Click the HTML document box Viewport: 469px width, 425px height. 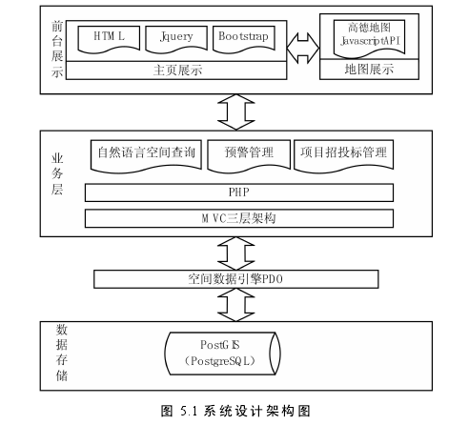click(109, 39)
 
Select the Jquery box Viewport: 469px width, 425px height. click(176, 39)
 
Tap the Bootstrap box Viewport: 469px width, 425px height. click(244, 39)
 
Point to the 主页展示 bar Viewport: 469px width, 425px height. click(176, 71)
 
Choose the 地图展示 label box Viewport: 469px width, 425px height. click(369, 70)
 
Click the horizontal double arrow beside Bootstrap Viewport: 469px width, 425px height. click(303, 48)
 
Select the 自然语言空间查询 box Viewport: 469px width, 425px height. click(146, 155)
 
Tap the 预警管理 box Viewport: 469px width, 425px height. click(249, 155)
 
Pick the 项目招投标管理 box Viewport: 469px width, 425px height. click(344, 155)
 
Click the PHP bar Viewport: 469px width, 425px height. click(239, 192)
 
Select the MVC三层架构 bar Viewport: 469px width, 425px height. click(239, 218)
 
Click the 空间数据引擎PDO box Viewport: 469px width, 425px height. click(236, 279)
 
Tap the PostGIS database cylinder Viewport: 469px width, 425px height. click(222, 354)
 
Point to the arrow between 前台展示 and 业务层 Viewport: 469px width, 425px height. click(236, 112)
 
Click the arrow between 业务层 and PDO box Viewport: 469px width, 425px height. click(236, 253)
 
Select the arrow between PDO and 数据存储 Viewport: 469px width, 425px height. click(236, 305)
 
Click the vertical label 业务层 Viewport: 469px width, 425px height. click(57, 173)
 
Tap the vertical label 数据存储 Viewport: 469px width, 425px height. click(62, 353)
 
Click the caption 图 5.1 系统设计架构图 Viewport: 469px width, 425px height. click(235, 411)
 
